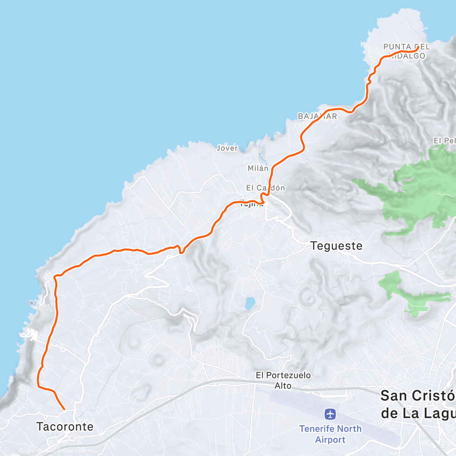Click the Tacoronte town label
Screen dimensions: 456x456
pyautogui.click(x=65, y=426)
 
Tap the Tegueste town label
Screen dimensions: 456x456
pyautogui.click(x=336, y=246)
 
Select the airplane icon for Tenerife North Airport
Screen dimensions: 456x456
pyautogui.click(x=330, y=414)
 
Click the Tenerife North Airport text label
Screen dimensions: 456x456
pyautogui.click(x=330, y=434)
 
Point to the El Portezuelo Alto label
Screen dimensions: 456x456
pyautogui.click(x=283, y=380)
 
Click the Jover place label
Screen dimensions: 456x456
pyautogui.click(x=227, y=148)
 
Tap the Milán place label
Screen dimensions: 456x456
pyautogui.click(x=258, y=168)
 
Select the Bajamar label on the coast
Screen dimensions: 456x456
pyautogui.click(x=317, y=116)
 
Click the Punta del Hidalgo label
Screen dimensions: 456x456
pyautogui.click(x=406, y=51)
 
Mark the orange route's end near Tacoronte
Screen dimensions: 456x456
pyautogui.click(x=64, y=409)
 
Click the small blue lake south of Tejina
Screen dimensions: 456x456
pyautogui.click(x=250, y=303)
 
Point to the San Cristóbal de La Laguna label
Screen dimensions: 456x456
pyautogui.click(x=418, y=404)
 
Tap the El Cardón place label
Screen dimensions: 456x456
pyautogui.click(x=265, y=188)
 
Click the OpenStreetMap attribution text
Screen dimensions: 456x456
pyautogui.click(x=79, y=451)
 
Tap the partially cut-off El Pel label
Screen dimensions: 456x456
pyautogui.click(x=444, y=141)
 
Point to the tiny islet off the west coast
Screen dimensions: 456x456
pyautogui.click(x=31, y=303)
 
